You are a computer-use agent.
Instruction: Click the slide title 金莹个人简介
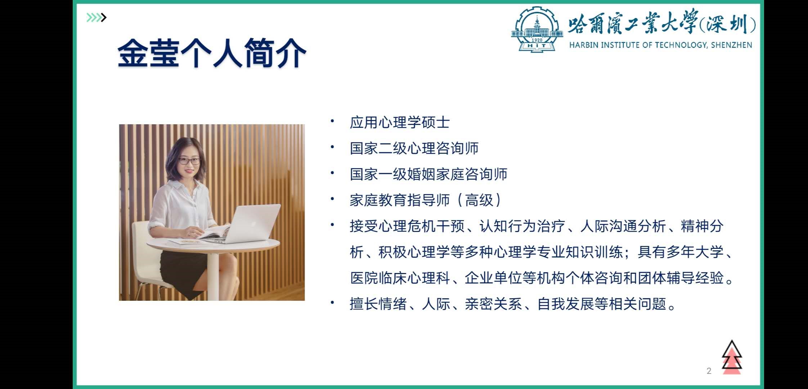[x=212, y=53]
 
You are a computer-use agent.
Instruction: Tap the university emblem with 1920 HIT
[x=537, y=30]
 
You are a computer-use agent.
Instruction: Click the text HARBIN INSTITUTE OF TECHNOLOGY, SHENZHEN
[x=661, y=45]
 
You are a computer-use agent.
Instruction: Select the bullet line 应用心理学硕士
[x=400, y=122]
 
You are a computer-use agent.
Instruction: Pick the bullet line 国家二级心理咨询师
[x=414, y=148]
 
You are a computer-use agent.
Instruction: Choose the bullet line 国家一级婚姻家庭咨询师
[x=428, y=174]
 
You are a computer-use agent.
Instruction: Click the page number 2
[x=709, y=371]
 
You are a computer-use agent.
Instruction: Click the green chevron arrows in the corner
[x=96, y=17]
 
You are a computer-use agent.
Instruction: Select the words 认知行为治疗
[x=522, y=226]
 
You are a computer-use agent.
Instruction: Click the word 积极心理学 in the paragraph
[x=414, y=252]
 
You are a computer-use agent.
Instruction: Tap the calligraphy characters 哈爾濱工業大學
[x=633, y=22]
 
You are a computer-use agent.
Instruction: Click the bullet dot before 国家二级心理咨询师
[x=332, y=147]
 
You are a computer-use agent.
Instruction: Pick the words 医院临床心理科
[x=400, y=278]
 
